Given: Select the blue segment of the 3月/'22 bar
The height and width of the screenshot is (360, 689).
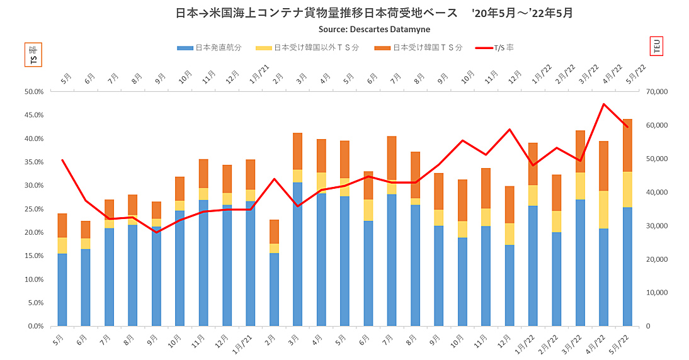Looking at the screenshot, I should coord(581,262).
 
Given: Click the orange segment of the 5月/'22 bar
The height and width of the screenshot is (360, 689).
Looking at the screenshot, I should coord(628,145).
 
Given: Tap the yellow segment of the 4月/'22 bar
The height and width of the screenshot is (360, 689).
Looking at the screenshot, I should coord(604,209).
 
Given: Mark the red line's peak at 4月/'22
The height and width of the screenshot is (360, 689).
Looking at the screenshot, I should coord(604,104).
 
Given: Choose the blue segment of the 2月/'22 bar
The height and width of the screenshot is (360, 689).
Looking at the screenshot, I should coord(557,279).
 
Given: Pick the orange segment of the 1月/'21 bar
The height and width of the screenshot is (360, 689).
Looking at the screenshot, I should coord(251,174).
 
